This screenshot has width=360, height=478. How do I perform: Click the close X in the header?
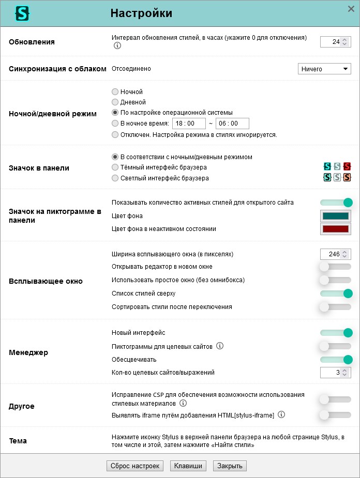click(351, 9)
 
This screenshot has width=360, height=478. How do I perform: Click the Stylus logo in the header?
click(22, 13)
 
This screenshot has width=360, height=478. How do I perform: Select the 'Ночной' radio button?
click(115, 92)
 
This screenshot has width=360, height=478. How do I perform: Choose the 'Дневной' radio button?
click(115, 102)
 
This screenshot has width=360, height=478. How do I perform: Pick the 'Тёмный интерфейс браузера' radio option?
click(115, 167)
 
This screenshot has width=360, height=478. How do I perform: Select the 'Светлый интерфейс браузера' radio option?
click(115, 178)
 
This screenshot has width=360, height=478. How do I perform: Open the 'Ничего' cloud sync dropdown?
click(324, 69)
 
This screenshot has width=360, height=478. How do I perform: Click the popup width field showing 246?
click(331, 254)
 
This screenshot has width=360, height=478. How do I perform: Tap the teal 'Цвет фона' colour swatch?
click(335, 216)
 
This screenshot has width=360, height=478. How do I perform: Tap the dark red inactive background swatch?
click(335, 229)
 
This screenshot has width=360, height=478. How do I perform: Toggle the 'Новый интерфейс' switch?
click(336, 333)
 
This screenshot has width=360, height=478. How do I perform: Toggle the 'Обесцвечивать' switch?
click(336, 360)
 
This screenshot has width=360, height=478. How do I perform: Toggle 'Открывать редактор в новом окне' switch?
click(336, 267)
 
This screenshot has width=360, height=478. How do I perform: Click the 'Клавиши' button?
click(188, 466)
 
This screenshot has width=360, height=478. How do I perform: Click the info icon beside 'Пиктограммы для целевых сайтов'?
click(220, 346)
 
